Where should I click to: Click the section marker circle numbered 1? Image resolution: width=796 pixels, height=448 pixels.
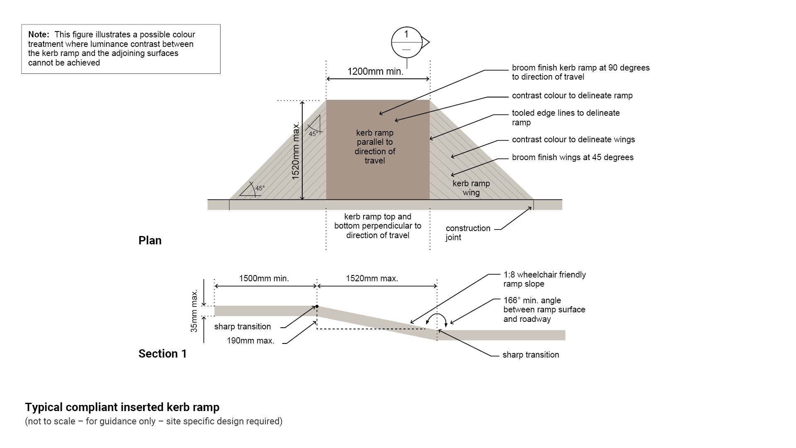pos(406,42)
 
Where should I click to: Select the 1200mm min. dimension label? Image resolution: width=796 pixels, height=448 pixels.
pos(375,71)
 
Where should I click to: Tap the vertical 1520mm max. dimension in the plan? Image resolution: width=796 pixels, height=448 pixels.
pos(296,151)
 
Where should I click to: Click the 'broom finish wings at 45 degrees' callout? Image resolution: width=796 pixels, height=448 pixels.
pos(573,157)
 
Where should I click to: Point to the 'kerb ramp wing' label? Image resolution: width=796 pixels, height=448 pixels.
pos(471,188)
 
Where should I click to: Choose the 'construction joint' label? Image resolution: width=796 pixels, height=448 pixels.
pos(468,233)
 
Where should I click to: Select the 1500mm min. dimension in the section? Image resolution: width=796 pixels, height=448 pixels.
pos(264,278)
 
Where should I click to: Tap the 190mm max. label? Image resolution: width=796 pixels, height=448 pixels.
pos(250,341)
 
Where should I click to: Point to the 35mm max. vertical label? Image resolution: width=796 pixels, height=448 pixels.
pos(194,311)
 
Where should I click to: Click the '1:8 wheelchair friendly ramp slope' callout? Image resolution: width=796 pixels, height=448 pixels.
pos(544,279)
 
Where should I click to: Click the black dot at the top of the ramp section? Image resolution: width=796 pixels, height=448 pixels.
pos(317,307)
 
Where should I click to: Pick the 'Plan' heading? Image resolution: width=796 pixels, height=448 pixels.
pos(150,241)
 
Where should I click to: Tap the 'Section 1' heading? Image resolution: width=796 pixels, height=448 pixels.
pos(163,353)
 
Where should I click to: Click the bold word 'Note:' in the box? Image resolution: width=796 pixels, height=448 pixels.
pos(39,34)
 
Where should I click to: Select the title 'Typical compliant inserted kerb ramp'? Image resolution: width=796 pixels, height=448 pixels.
pos(122,407)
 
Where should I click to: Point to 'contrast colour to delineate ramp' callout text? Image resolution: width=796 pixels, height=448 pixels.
pos(572,95)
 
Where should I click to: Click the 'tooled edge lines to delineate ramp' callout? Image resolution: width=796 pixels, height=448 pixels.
pos(565,117)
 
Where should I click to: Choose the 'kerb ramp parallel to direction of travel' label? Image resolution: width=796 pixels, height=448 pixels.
pos(375,146)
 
